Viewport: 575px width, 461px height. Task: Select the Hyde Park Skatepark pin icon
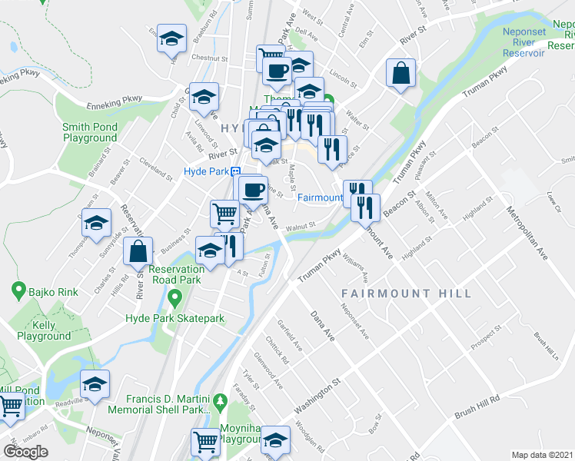point(174,297)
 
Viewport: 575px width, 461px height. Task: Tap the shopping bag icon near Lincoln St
point(401,74)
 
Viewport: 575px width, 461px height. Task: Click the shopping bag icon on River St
point(138,251)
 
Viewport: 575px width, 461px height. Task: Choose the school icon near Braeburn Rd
point(172,38)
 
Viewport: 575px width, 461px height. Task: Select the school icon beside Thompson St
point(96,224)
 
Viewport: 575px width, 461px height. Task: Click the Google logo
point(26,451)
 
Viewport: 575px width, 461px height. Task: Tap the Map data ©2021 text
point(543,455)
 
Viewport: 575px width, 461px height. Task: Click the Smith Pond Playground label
point(89,132)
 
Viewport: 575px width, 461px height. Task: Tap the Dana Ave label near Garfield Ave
point(323,326)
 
